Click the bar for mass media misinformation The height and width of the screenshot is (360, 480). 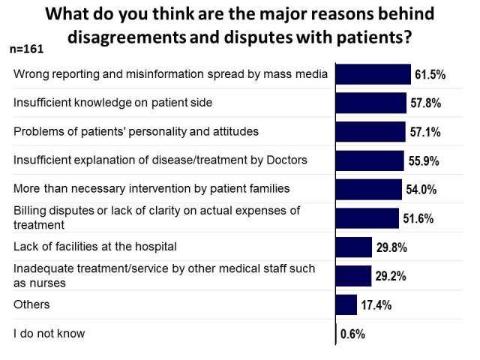(373, 73)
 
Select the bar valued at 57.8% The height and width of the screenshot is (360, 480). (371, 103)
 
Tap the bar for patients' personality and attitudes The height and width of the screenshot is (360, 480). (370, 131)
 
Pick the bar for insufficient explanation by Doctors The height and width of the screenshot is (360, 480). (370, 160)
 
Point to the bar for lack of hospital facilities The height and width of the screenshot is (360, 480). (354, 247)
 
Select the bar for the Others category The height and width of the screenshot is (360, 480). (346, 304)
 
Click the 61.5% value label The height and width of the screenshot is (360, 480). (430, 75)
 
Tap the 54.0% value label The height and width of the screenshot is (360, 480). (421, 190)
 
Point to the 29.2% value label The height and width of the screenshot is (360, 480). (390, 277)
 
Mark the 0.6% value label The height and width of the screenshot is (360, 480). (352, 334)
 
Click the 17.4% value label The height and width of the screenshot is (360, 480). (376, 305)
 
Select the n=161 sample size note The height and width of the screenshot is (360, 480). (26, 49)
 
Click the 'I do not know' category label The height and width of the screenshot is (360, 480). (49, 333)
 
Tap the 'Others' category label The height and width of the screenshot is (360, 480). (31, 304)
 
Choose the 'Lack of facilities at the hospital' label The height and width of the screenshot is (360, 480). (96, 246)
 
